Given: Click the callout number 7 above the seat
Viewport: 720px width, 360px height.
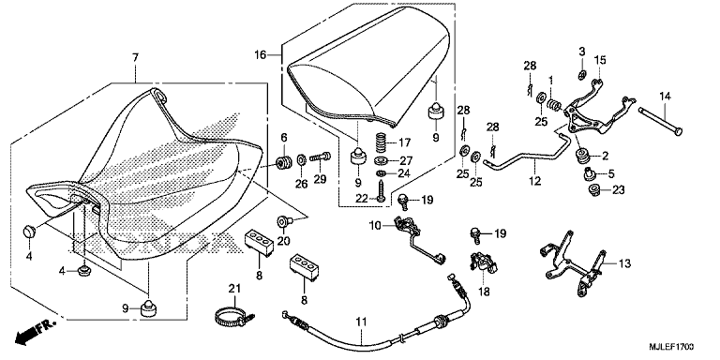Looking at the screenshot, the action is [135, 58].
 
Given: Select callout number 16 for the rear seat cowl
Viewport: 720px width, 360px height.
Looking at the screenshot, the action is [260, 55].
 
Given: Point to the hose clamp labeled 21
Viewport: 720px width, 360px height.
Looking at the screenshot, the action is [234, 316].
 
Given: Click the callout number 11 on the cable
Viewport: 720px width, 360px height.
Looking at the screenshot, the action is [362, 322].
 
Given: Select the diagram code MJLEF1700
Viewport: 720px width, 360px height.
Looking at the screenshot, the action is [671, 346].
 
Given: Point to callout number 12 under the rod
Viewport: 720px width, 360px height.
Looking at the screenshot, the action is [534, 181].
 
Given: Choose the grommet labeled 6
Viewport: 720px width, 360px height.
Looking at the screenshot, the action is [284, 162].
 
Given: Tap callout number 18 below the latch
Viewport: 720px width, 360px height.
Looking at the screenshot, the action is [486, 292].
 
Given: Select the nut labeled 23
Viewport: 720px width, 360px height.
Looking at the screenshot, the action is [593, 189].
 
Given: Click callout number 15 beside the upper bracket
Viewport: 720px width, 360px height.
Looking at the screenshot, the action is [601, 60].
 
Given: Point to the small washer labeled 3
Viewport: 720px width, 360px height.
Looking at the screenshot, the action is [582, 74].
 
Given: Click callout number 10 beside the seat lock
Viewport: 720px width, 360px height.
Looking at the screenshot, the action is [375, 225].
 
